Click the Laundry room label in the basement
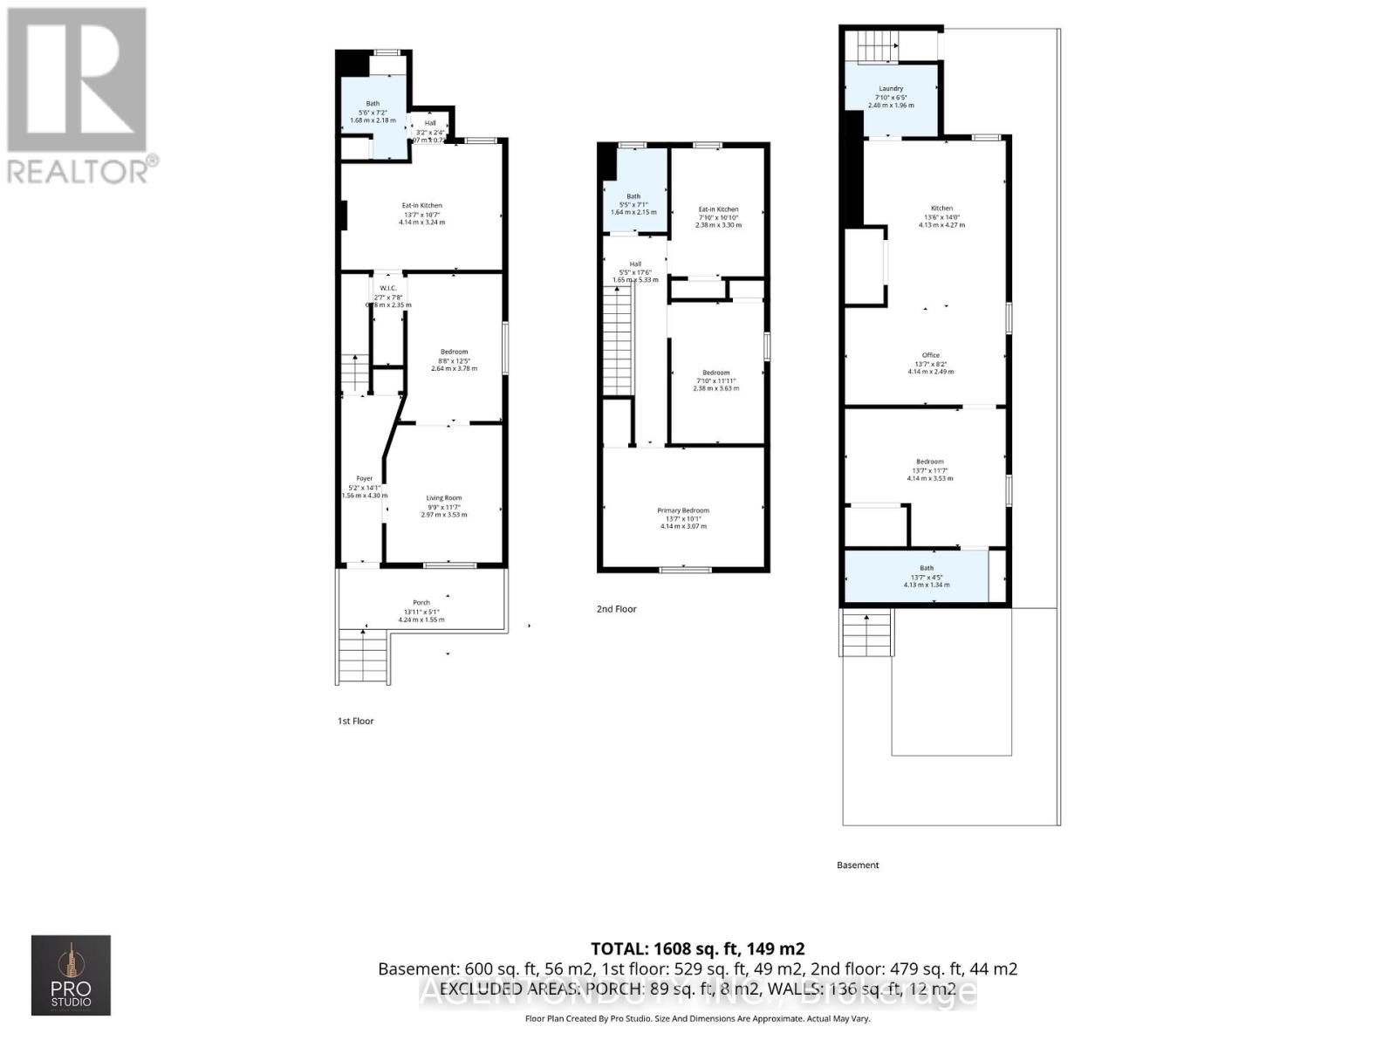(891, 88)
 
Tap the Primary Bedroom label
(683, 510)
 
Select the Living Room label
(444, 498)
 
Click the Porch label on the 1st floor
(421, 603)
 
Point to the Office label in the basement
(931, 355)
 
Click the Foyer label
(364, 478)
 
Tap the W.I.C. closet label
(387, 289)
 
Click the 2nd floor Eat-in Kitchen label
(718, 209)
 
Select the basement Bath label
(927, 568)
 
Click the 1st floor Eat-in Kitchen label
(421, 206)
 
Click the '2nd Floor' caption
(616, 609)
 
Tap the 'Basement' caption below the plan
(858, 866)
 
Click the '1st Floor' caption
(356, 721)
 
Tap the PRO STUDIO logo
(71, 975)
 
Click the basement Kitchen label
(941, 209)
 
